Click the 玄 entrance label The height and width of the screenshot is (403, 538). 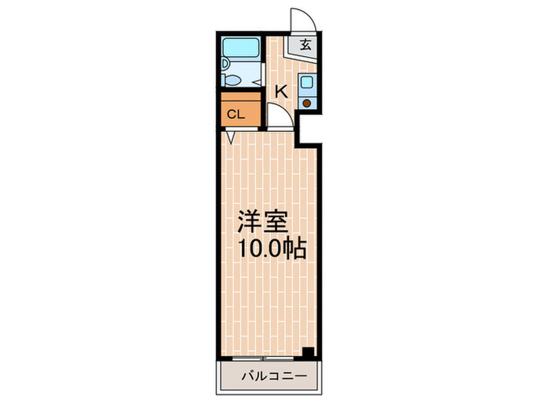305,44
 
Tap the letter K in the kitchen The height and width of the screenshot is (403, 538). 281,91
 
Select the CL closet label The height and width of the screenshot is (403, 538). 235,115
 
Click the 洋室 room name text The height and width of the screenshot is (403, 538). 261,222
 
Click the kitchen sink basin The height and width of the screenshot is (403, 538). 306,84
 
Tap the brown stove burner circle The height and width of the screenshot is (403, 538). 306,102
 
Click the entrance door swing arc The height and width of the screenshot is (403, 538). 299,18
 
